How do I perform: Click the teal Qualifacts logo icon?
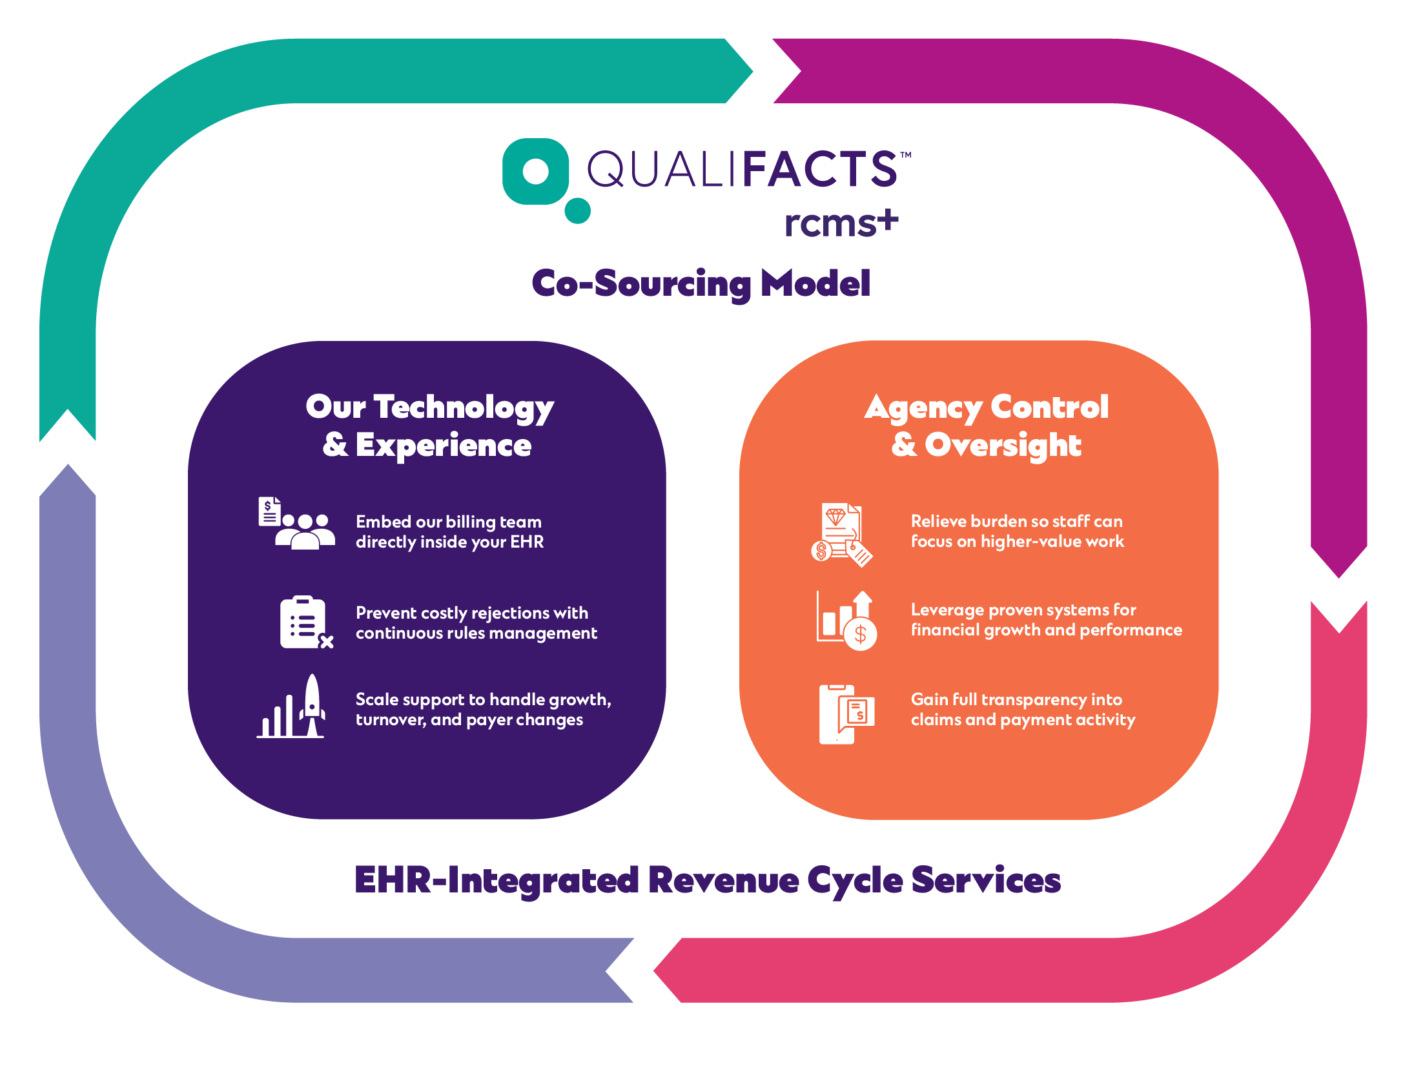[535, 172]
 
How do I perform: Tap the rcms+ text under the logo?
[841, 223]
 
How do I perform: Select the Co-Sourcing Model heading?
[701, 283]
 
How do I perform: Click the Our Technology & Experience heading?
[429, 426]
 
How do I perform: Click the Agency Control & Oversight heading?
[986, 426]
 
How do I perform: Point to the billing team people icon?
[297, 524]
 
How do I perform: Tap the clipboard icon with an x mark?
[305, 623]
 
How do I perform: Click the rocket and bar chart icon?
[292, 708]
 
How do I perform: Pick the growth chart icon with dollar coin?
[846, 621]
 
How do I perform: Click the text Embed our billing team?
[449, 522]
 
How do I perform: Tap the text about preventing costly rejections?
[476, 623]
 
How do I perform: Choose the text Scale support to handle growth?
[482, 700]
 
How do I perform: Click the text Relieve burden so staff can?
[1016, 521]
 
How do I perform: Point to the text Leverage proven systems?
[1023, 610]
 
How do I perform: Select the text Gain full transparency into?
[1016, 699]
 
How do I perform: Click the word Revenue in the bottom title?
[723, 880]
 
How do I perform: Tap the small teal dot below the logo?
[577, 211]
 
